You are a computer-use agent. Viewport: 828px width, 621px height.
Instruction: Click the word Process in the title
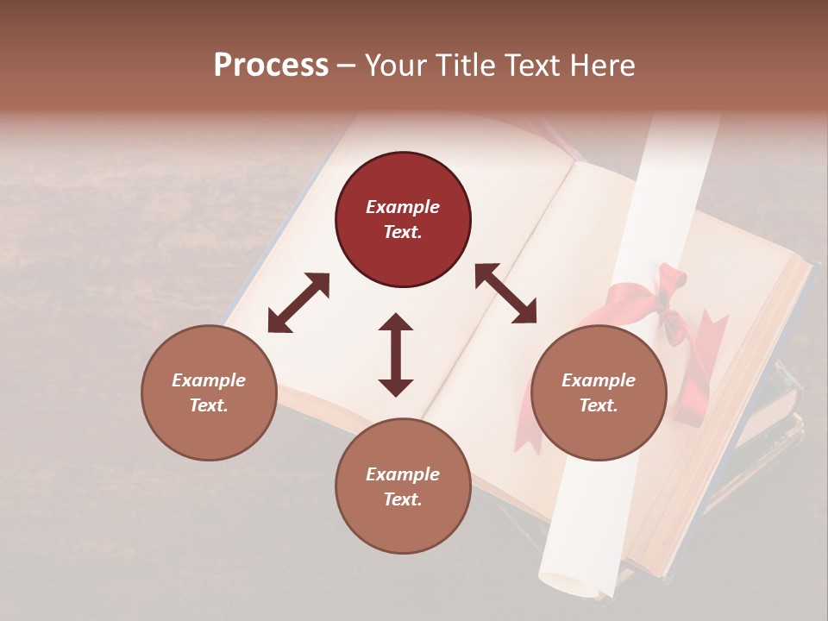point(271,66)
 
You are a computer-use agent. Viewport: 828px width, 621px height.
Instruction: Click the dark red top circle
point(403,220)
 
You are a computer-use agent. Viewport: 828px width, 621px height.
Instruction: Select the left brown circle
point(209,393)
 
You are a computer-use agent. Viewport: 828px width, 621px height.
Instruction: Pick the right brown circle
point(599,393)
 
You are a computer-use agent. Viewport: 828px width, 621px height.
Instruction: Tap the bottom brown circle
point(403,486)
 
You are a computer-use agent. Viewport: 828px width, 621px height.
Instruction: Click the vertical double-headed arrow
point(396,354)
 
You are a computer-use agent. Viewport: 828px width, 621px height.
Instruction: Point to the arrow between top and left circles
point(298,303)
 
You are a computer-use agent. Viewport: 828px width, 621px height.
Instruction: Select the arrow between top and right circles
point(505,293)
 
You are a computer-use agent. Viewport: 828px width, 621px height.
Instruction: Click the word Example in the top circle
point(403,207)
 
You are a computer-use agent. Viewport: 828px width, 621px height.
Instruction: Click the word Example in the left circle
point(209,380)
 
